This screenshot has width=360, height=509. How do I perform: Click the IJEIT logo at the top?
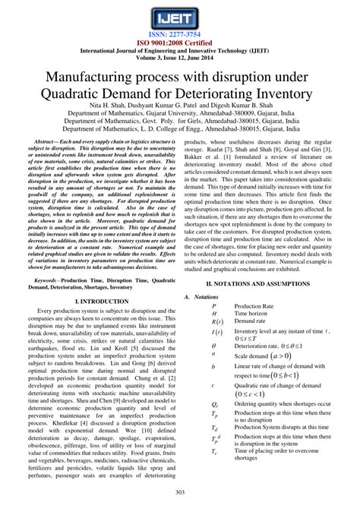(x=180, y=16)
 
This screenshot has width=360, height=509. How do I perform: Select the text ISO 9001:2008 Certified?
(x=180, y=43)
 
